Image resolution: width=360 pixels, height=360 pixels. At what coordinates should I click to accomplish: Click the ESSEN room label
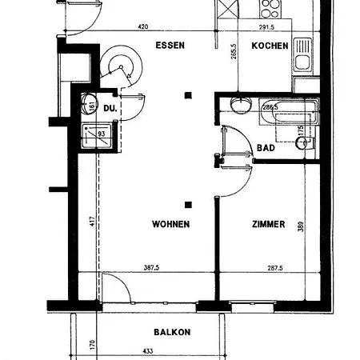tap(170, 46)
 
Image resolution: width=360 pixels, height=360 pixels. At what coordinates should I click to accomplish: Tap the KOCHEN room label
tap(270, 46)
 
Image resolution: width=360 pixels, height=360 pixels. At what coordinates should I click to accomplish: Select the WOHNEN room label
tap(171, 224)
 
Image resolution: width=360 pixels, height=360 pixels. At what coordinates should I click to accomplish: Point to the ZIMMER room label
tap(269, 224)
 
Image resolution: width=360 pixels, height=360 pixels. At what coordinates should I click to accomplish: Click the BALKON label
tap(172, 332)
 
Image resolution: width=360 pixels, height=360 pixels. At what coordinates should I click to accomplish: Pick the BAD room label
tap(266, 148)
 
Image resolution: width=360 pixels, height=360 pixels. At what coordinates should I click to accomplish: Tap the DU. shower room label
tap(110, 108)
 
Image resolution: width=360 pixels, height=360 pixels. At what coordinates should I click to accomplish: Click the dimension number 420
tap(143, 26)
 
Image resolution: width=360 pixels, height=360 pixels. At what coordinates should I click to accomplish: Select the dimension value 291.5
tap(266, 27)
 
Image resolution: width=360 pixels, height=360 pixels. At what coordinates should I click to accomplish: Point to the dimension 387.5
tap(151, 267)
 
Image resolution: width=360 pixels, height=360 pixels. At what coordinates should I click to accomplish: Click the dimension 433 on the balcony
tap(148, 351)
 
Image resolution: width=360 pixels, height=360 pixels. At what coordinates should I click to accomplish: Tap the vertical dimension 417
tap(92, 221)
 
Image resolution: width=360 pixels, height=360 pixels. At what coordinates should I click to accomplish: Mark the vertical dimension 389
tap(301, 226)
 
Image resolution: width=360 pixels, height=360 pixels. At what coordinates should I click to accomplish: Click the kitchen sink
tap(303, 55)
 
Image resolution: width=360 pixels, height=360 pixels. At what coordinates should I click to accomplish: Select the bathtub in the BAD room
tap(289, 111)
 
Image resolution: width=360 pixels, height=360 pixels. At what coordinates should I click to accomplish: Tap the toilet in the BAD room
tap(306, 142)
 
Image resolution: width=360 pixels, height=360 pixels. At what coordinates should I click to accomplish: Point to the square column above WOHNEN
tap(188, 95)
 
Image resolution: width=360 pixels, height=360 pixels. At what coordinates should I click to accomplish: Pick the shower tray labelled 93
tap(97, 136)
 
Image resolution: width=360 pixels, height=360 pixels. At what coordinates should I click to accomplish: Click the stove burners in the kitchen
tap(270, 9)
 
